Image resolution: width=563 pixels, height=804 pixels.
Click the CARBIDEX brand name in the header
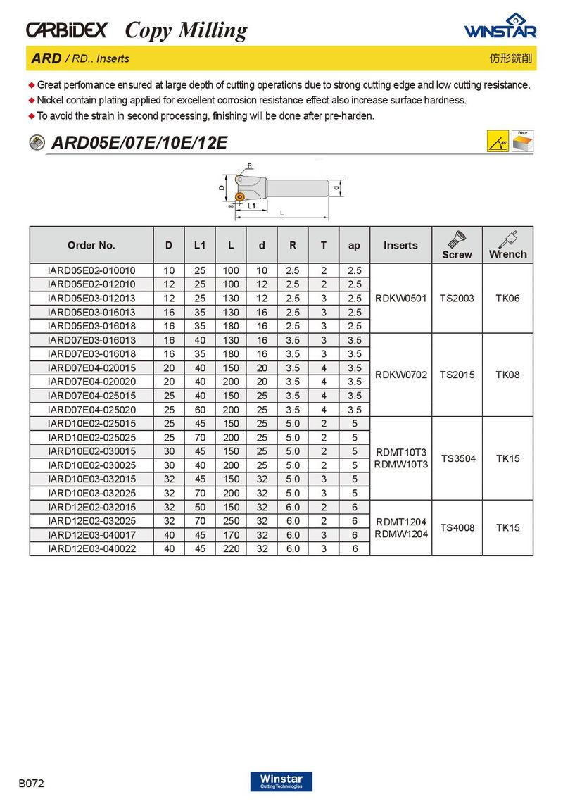point(67,30)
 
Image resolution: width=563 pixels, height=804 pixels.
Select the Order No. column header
point(91,246)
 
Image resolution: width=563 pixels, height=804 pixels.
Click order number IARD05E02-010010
point(91,270)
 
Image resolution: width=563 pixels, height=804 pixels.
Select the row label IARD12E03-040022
point(91,548)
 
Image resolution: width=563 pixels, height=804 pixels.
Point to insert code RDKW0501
point(401,298)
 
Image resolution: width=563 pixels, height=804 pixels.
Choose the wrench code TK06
point(507,298)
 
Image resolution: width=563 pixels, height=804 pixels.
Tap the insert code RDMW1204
point(401,534)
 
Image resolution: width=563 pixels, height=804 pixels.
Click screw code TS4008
point(457,527)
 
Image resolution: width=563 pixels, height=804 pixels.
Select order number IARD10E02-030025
point(91,465)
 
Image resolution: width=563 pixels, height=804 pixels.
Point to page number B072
point(32,783)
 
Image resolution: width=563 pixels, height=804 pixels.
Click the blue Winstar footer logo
point(281,781)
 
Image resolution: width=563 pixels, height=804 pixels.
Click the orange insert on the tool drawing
point(239,196)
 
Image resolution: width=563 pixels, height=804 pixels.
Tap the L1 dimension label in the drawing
point(252,206)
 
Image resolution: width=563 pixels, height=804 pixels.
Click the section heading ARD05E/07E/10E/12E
point(139,143)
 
